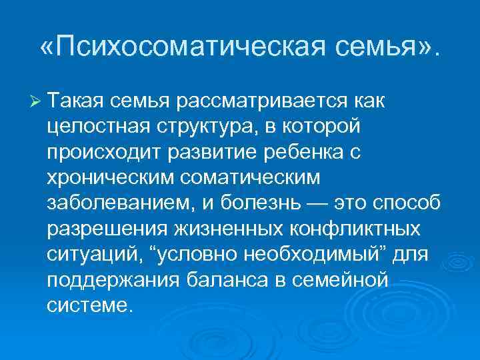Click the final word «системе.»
click(90, 305)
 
